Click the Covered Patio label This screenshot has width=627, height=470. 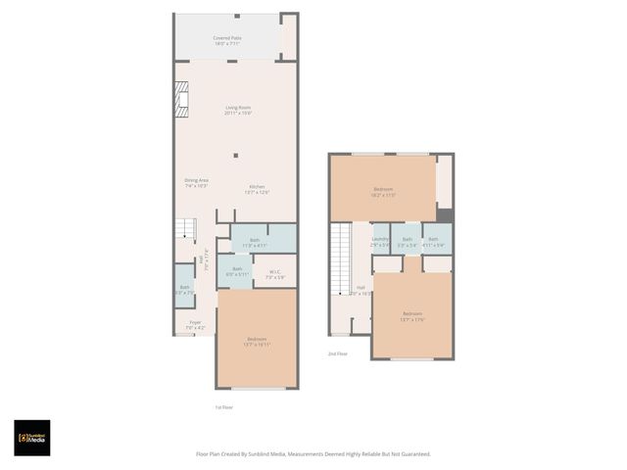227,40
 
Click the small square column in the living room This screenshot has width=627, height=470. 235,155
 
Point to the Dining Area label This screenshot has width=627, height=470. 196,182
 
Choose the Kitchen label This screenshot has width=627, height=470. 257,189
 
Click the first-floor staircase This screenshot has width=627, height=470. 185,230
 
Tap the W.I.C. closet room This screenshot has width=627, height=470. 274,275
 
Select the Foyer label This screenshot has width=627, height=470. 195,324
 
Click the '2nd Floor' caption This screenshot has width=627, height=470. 338,353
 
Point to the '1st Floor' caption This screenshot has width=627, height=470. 223,407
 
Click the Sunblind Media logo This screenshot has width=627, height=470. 32,438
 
